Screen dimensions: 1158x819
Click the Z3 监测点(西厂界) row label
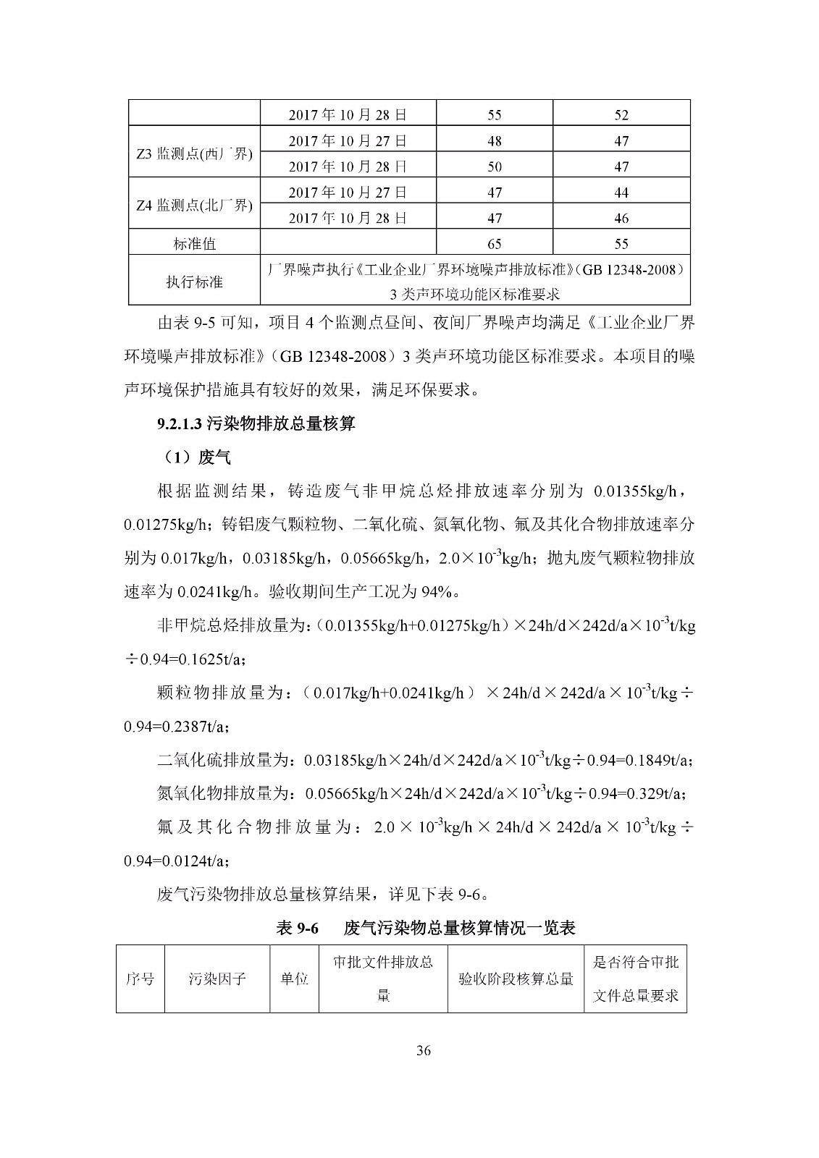[x=194, y=153]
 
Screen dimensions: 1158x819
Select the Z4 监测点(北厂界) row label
[x=194, y=206]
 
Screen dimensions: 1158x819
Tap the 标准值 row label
[x=194, y=244]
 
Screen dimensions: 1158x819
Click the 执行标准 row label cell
[x=194, y=282]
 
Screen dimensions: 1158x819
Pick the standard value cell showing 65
[x=495, y=244]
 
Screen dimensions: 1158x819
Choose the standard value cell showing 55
[x=621, y=244]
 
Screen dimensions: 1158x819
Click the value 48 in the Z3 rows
[x=495, y=141]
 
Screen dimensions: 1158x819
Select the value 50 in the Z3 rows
[x=495, y=166]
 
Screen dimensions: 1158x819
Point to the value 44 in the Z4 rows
[x=621, y=193]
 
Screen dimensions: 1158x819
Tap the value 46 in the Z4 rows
[x=621, y=218]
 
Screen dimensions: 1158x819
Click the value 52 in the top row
[x=621, y=115]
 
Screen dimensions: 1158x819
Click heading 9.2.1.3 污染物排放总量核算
[x=256, y=424]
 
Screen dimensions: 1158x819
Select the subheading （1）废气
[x=194, y=457]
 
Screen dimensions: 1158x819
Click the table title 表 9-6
[x=297, y=928]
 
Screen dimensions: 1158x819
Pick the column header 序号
[x=140, y=979]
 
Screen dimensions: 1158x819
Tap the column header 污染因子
[x=217, y=979]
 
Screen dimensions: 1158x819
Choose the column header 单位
[x=294, y=979]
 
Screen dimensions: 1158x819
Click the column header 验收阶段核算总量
[x=516, y=979]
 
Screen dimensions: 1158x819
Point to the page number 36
[x=424, y=1051]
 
